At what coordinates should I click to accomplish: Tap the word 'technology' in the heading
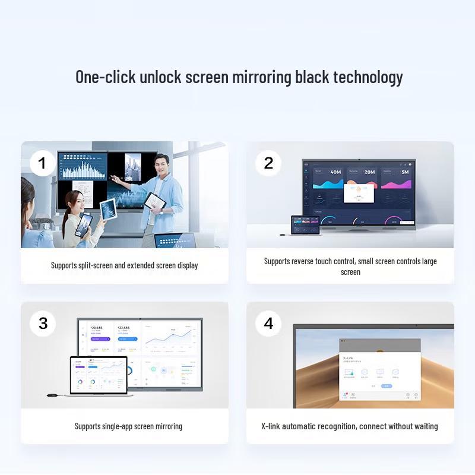[x=368, y=77]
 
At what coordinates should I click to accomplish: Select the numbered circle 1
[x=42, y=163]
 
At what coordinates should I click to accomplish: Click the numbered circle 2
[x=268, y=163]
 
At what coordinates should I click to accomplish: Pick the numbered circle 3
[x=43, y=324]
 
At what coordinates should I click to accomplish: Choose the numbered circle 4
[x=268, y=324]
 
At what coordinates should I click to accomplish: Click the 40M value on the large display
[x=335, y=172]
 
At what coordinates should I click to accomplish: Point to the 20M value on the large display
[x=369, y=172]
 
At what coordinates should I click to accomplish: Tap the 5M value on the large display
[x=404, y=172]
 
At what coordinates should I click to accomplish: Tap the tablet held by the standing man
[x=156, y=202]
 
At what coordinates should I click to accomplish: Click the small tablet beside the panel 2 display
[x=305, y=226]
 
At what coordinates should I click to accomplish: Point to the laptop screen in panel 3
[x=99, y=375]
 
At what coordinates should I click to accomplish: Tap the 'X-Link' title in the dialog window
[x=350, y=358]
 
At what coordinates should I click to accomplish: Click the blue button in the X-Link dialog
[x=387, y=386]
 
